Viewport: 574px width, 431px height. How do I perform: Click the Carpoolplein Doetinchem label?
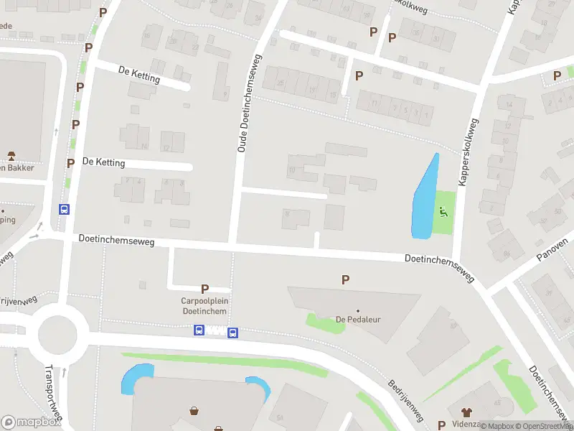click(204, 306)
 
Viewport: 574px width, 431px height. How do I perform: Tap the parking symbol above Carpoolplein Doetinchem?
click(205, 289)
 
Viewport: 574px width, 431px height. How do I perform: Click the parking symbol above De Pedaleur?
click(346, 279)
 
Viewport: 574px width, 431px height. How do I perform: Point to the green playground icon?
click(443, 211)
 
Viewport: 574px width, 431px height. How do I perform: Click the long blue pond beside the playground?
click(423, 198)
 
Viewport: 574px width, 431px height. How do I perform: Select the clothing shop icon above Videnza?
click(467, 412)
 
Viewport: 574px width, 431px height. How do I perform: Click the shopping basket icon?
click(194, 412)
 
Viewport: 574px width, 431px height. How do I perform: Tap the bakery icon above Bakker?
click(11, 155)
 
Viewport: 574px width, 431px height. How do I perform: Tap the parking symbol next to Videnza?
click(441, 425)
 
